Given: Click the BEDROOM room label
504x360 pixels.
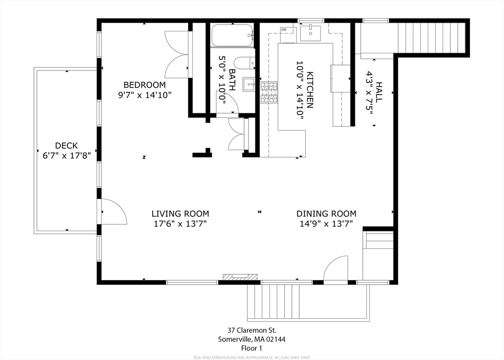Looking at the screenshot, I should [x=144, y=85].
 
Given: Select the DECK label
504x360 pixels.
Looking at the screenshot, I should [x=66, y=145].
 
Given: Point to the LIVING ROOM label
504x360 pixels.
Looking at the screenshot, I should [x=180, y=214].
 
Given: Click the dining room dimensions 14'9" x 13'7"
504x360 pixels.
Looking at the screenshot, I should [x=326, y=224].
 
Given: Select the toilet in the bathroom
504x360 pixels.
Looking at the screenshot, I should [x=244, y=63].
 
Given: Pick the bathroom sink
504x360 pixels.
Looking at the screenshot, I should [x=250, y=85].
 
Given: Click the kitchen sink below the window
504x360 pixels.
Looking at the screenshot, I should [x=311, y=33].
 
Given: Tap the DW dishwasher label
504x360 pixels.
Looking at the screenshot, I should [x=283, y=30].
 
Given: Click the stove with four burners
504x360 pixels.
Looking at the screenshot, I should [x=269, y=93].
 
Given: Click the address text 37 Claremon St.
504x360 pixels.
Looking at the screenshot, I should [x=252, y=330].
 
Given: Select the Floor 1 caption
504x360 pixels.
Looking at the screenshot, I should [x=252, y=348].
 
